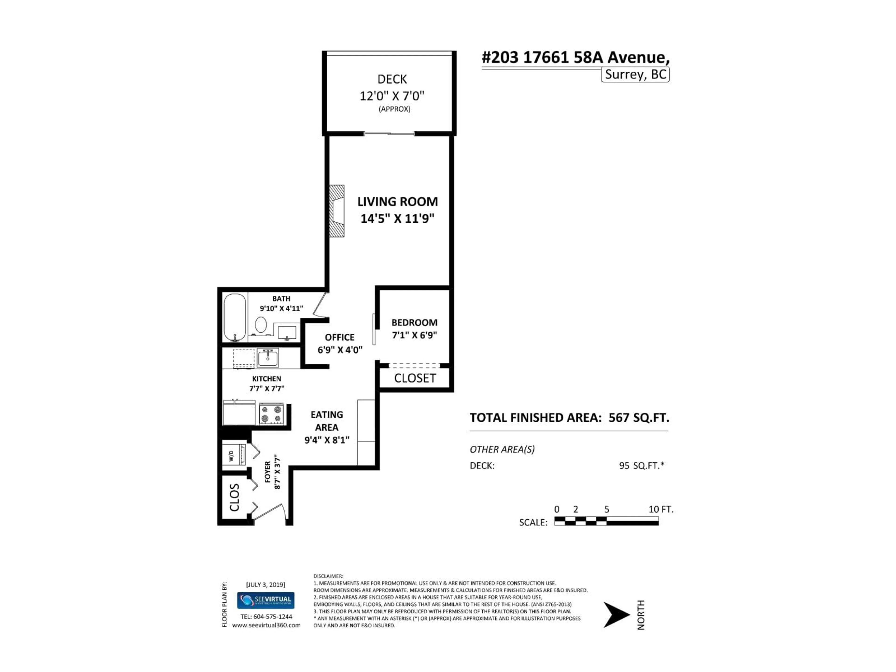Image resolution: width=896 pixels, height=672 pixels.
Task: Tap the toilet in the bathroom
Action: (260, 325)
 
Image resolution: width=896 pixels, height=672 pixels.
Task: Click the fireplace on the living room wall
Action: (337, 211)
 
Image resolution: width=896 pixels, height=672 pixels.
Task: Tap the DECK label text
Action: (392, 79)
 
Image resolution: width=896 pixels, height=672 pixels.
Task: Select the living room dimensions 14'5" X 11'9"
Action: (397, 219)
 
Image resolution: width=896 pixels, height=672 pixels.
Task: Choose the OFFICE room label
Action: (339, 337)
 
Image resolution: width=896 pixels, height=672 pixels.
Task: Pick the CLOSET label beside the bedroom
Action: (415, 378)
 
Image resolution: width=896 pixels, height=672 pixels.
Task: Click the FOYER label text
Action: (268, 472)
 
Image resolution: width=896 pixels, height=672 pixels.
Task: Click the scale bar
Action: (606, 521)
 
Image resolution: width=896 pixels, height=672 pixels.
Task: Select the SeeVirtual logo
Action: (266, 600)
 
